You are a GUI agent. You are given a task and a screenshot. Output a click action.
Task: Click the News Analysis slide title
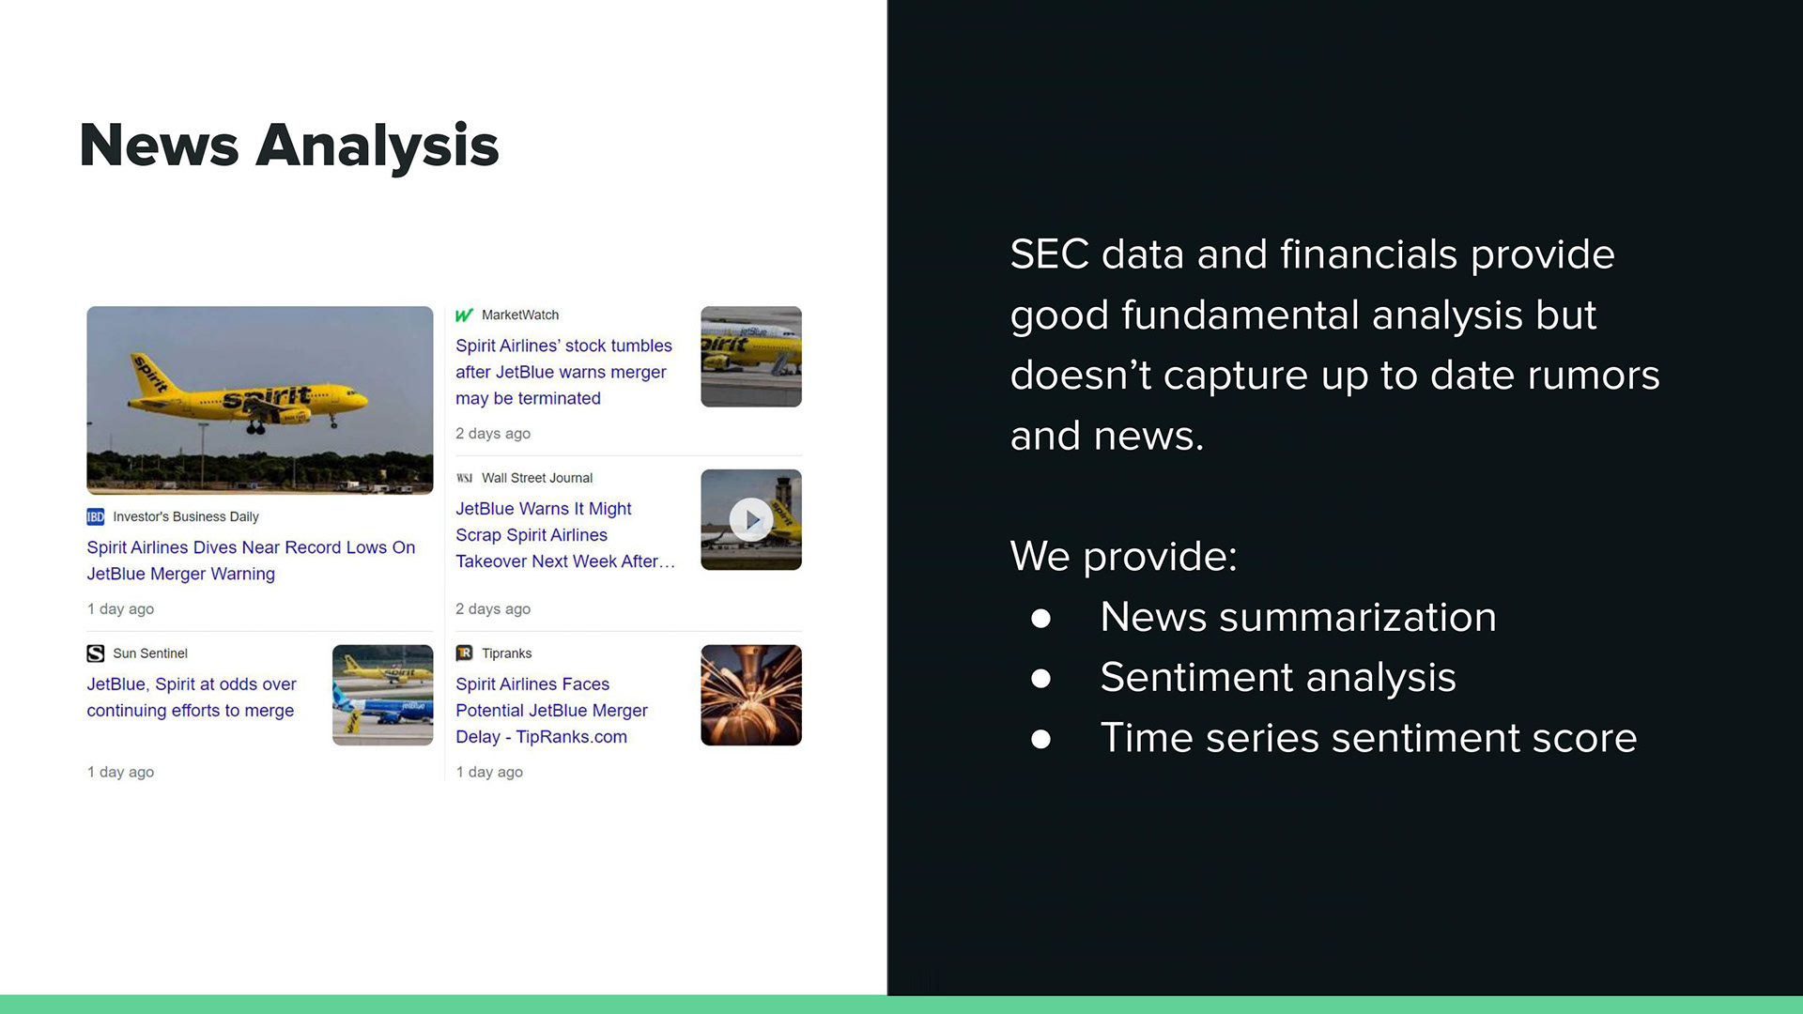pyautogui.click(x=289, y=146)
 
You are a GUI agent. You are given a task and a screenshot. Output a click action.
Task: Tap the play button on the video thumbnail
pyautogui.click(x=751, y=519)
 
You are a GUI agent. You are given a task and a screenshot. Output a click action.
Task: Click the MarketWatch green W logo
pyautogui.click(x=464, y=315)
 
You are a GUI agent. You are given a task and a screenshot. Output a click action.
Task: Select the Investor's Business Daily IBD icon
pyautogui.click(x=96, y=516)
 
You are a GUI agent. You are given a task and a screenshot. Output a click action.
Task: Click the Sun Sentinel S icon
pyautogui.click(x=96, y=653)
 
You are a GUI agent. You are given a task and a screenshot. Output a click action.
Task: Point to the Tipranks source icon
pyautogui.click(x=464, y=653)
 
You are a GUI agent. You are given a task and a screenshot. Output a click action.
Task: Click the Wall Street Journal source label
pyautogui.click(x=537, y=478)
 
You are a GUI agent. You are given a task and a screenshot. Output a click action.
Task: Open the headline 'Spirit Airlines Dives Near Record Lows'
pyautogui.click(x=251, y=561)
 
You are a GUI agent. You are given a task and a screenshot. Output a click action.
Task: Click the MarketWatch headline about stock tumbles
pyautogui.click(x=563, y=372)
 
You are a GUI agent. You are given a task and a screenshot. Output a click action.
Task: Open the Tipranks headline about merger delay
pyautogui.click(x=551, y=711)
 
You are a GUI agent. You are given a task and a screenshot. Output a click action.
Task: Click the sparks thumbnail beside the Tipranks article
pyautogui.click(x=751, y=695)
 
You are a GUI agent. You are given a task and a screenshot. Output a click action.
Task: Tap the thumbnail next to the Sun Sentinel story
pyautogui.click(x=383, y=695)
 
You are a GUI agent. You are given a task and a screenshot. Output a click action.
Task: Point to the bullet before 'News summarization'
pyautogui.click(x=1040, y=618)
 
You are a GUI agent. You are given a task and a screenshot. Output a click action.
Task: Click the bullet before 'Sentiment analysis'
pyautogui.click(x=1040, y=678)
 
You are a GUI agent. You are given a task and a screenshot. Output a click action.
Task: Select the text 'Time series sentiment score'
pyautogui.click(x=1368, y=738)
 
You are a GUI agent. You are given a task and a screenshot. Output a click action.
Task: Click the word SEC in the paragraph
pyautogui.click(x=1049, y=254)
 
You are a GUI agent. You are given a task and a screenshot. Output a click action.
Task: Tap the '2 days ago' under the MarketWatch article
pyautogui.click(x=493, y=434)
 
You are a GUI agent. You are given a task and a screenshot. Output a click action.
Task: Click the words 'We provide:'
pyautogui.click(x=1123, y=557)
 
